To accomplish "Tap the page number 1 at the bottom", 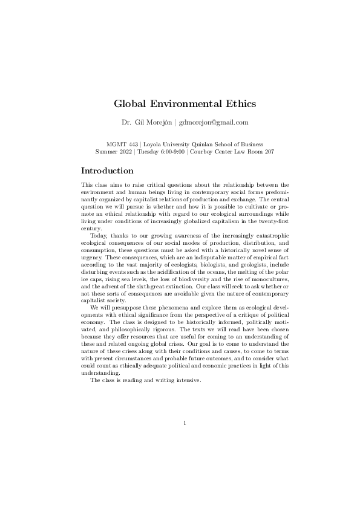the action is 185,423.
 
